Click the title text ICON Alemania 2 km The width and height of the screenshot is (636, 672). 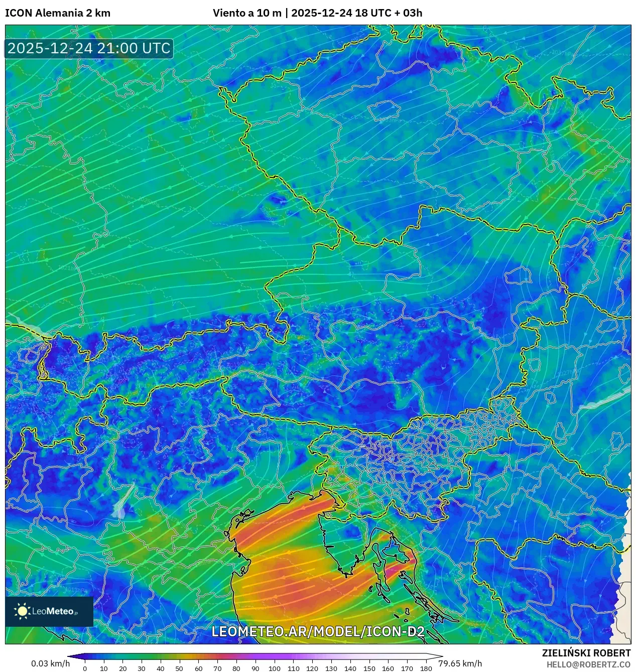pyautogui.click(x=58, y=13)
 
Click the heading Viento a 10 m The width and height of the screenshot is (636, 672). pyautogui.click(x=247, y=13)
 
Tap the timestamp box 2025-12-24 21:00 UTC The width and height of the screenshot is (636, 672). pyautogui.click(x=89, y=48)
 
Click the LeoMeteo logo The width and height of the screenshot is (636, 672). pyautogui.click(x=49, y=611)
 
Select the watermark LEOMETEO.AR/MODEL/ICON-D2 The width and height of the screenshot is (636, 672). pyautogui.click(x=318, y=632)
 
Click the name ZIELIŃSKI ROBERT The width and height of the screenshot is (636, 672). pyautogui.click(x=586, y=653)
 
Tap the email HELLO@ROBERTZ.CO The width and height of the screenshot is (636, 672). pyautogui.click(x=588, y=664)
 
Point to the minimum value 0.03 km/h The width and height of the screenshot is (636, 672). pyautogui.click(x=50, y=663)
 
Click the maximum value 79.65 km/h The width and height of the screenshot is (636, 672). pyautogui.click(x=460, y=663)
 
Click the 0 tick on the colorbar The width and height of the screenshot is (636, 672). pyautogui.click(x=85, y=668)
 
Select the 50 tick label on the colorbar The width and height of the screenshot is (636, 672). pyautogui.click(x=179, y=668)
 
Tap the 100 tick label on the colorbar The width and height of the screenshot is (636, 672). pyautogui.click(x=274, y=668)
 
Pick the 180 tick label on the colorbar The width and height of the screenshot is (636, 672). pyautogui.click(x=426, y=668)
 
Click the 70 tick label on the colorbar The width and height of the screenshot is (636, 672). pyautogui.click(x=217, y=668)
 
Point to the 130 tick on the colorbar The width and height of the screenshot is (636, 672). pyautogui.click(x=331, y=668)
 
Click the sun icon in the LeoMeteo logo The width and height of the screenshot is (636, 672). pyautogui.click(x=22, y=611)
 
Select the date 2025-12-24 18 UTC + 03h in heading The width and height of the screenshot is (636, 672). pyautogui.click(x=356, y=13)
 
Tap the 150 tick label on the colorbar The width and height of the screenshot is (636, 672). pyautogui.click(x=369, y=668)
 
